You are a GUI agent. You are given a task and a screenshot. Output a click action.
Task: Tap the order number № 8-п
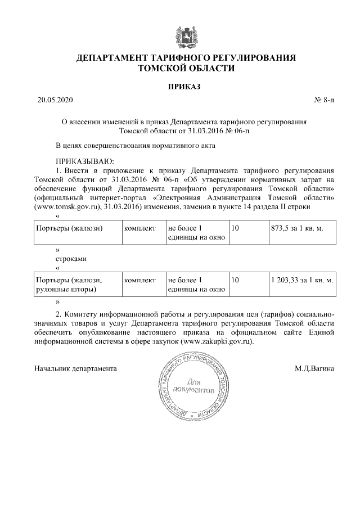[x=323, y=101]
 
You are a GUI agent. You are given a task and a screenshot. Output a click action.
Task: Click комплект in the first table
[x=139, y=229]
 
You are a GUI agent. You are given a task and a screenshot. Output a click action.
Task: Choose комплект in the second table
[x=139, y=280]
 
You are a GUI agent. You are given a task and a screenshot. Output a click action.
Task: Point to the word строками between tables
[x=71, y=259]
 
